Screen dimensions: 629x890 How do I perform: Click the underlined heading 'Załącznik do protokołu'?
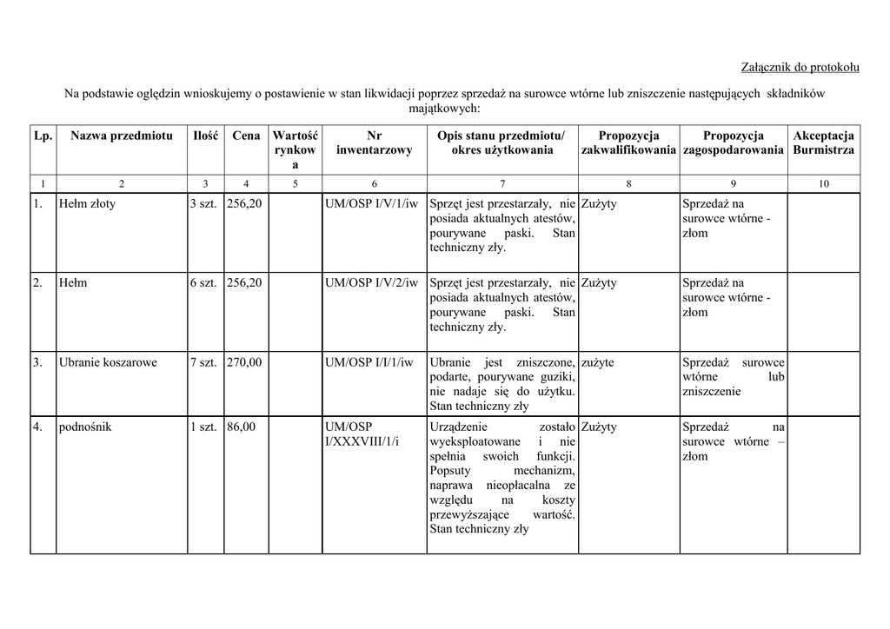point(800,67)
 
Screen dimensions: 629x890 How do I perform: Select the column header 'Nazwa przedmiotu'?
point(122,136)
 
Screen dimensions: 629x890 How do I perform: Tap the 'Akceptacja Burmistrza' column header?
point(823,142)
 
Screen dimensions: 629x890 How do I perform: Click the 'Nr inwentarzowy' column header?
point(374,142)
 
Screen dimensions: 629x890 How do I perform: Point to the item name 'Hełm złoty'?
point(87,204)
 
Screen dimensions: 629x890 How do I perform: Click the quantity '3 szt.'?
point(203,204)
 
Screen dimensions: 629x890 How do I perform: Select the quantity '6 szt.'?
point(203,283)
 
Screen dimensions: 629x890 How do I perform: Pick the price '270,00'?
point(244,362)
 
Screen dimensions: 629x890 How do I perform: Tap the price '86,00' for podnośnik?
point(242,427)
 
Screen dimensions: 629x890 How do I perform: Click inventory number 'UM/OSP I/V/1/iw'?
point(371,204)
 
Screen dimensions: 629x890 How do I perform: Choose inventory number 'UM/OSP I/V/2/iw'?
point(371,283)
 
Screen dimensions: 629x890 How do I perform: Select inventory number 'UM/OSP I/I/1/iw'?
point(369,362)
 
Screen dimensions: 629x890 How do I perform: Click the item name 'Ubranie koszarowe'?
point(108,362)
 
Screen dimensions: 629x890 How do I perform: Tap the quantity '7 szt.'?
point(203,362)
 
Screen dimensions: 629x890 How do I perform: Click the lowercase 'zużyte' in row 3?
point(597,362)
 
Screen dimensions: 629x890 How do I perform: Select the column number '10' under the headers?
point(823,183)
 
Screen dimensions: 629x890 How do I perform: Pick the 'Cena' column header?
point(246,136)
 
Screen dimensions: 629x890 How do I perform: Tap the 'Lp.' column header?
point(43,136)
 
